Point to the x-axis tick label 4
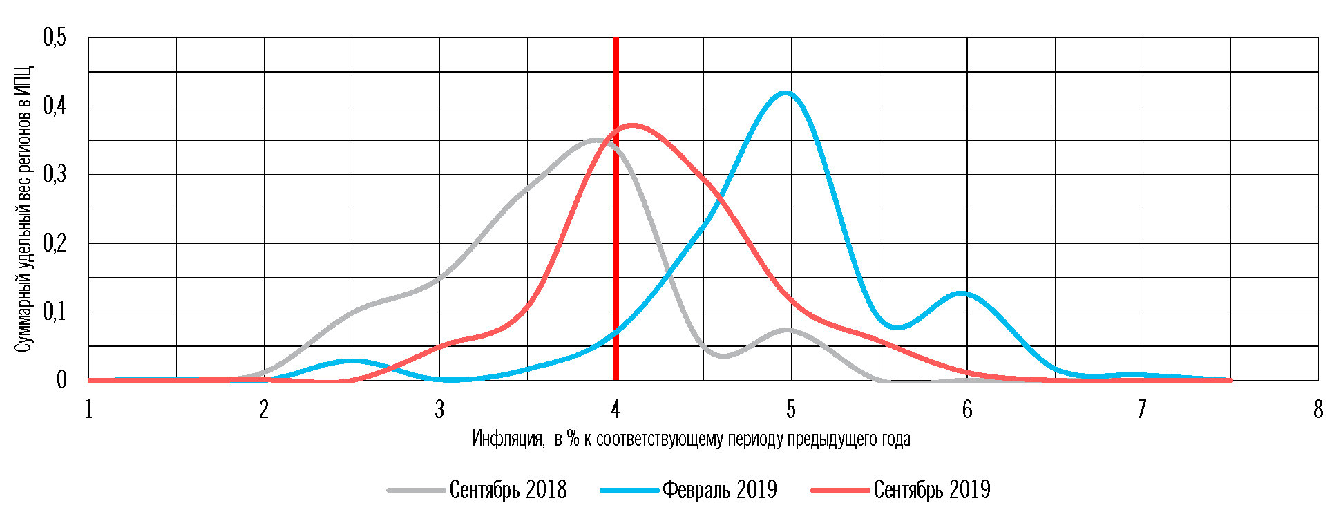pyautogui.click(x=616, y=410)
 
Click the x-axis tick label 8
pyautogui.click(x=1318, y=410)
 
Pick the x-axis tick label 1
pyautogui.click(x=88, y=410)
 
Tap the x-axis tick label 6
pyautogui.click(x=967, y=410)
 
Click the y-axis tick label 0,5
pyautogui.click(x=55, y=38)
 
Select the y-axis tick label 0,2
pyautogui.click(x=55, y=243)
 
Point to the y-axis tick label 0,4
pyautogui.click(x=55, y=106)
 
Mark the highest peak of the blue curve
pyautogui.click(x=785, y=93)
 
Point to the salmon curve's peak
pyautogui.click(x=632, y=125)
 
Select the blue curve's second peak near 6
pyautogui.click(x=961, y=293)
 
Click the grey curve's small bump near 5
pyautogui.click(x=787, y=330)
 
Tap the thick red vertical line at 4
pyautogui.click(x=616, y=207)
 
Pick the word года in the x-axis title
pyautogui.click(x=896, y=439)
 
